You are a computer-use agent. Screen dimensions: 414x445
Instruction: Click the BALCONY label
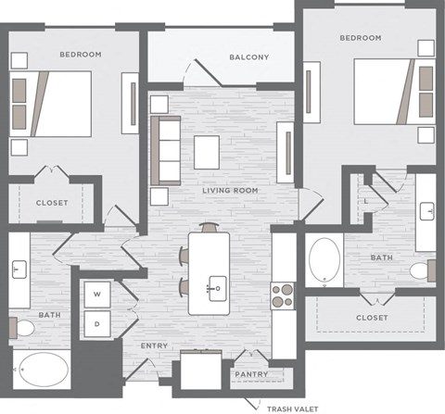[249, 57]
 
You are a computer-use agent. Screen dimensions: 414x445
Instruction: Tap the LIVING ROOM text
[230, 190]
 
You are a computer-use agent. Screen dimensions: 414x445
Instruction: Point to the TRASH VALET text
[292, 408]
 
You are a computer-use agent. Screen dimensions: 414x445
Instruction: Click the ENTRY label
[153, 346]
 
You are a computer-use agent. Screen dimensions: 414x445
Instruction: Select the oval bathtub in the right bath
[324, 261]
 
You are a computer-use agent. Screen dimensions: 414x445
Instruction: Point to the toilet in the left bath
[23, 329]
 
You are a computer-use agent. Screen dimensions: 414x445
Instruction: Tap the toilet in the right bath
[422, 270]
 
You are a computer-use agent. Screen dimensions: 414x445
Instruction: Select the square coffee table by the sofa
[207, 152]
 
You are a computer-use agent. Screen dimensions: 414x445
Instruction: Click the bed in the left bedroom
[54, 102]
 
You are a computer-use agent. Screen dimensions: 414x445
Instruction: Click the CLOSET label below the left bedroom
[52, 203]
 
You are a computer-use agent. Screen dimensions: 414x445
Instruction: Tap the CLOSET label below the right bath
[372, 318]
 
